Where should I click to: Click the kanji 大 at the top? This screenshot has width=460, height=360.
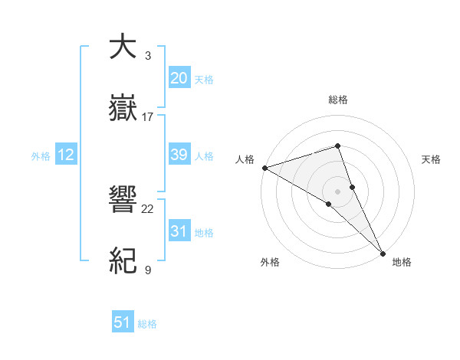pyautogui.click(x=123, y=47)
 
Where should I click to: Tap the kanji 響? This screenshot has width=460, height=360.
pyautogui.click(x=123, y=200)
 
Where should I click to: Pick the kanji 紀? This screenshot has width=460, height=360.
pyautogui.click(x=123, y=261)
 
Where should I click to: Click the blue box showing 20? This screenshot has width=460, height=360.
pyautogui.click(x=179, y=78)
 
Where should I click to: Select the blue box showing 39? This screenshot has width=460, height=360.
pyautogui.click(x=179, y=155)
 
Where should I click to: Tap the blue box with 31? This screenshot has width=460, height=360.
pyautogui.click(x=179, y=231)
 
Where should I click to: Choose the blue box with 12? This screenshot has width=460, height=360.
pyautogui.click(x=66, y=155)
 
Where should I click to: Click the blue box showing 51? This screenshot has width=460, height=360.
pyautogui.click(x=123, y=322)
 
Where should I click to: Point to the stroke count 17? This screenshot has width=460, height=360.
pyautogui.click(x=148, y=117)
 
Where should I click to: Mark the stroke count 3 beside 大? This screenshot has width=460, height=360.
pyautogui.click(x=148, y=56)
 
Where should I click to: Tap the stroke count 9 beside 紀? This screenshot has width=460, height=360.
pyautogui.click(x=148, y=270)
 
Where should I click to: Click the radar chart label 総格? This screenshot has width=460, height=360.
pyautogui.click(x=338, y=100)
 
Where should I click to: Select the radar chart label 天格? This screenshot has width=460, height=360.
pyautogui.click(x=432, y=159)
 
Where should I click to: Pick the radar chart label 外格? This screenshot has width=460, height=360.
pyautogui.click(x=270, y=262)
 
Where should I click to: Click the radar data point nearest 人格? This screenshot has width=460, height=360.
pyautogui.click(x=264, y=167)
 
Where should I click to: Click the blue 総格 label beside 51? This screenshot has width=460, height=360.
pyautogui.click(x=147, y=324)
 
